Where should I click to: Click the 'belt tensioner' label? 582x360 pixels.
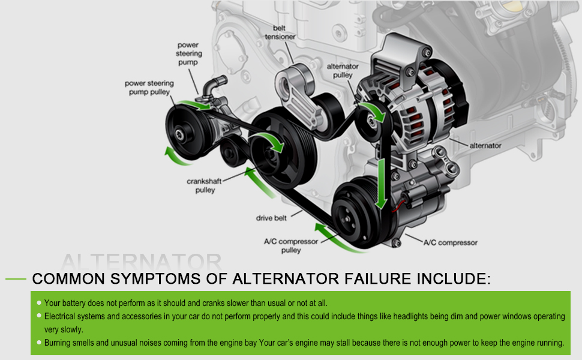click(x=280, y=32)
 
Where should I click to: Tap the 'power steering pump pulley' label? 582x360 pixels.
click(x=148, y=88)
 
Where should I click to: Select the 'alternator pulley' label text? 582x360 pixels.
click(x=343, y=71)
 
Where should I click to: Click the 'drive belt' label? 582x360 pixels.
click(x=272, y=218)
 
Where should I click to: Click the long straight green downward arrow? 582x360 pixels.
click(x=380, y=184)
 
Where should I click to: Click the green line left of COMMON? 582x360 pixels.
click(x=16, y=279)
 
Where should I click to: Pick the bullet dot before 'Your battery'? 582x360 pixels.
click(x=38, y=302)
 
